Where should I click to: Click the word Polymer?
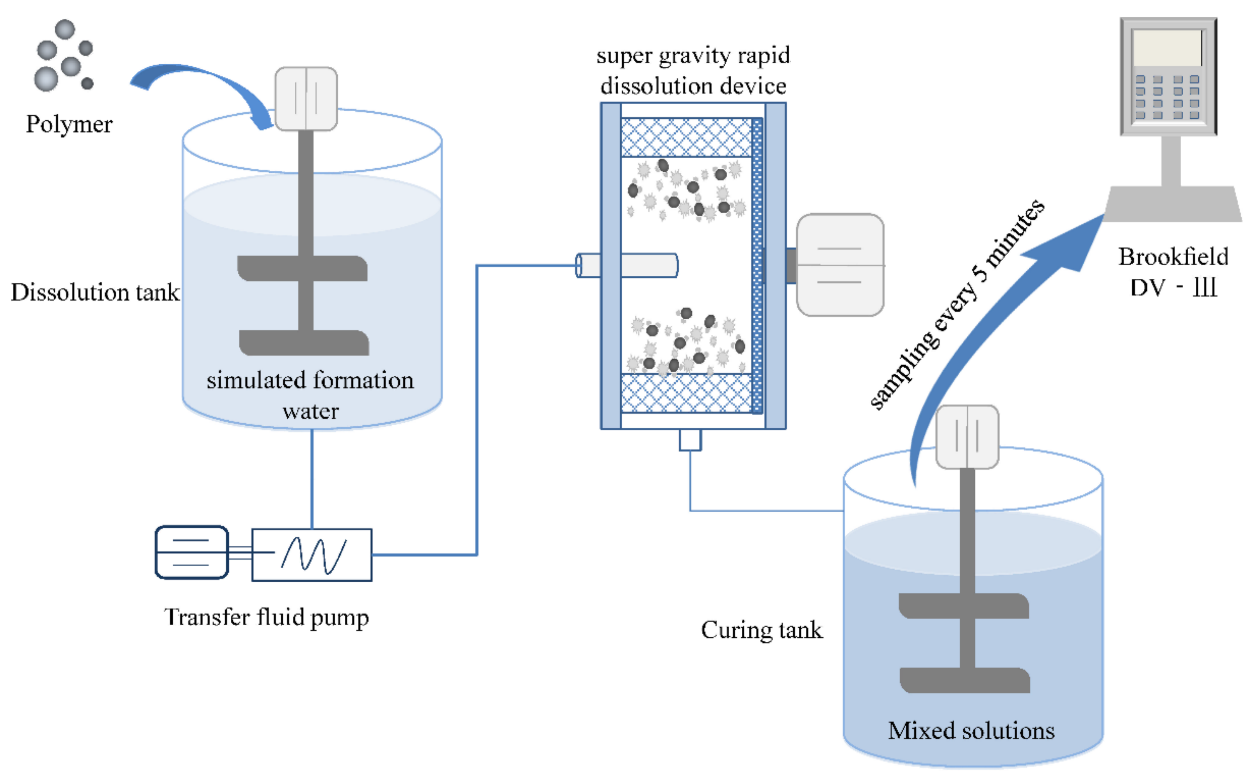69,124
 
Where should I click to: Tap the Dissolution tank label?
95,292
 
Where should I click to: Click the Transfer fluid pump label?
266,617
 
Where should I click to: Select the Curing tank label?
761,630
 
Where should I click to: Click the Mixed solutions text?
971,731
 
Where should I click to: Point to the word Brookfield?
1173,257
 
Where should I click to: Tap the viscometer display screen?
1168,47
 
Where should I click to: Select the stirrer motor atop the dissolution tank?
306,98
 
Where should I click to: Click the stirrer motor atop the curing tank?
967,437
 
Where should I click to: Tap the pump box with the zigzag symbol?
312,555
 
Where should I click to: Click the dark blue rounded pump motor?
192,552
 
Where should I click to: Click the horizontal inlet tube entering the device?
638,266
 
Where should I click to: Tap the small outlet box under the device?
690,440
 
